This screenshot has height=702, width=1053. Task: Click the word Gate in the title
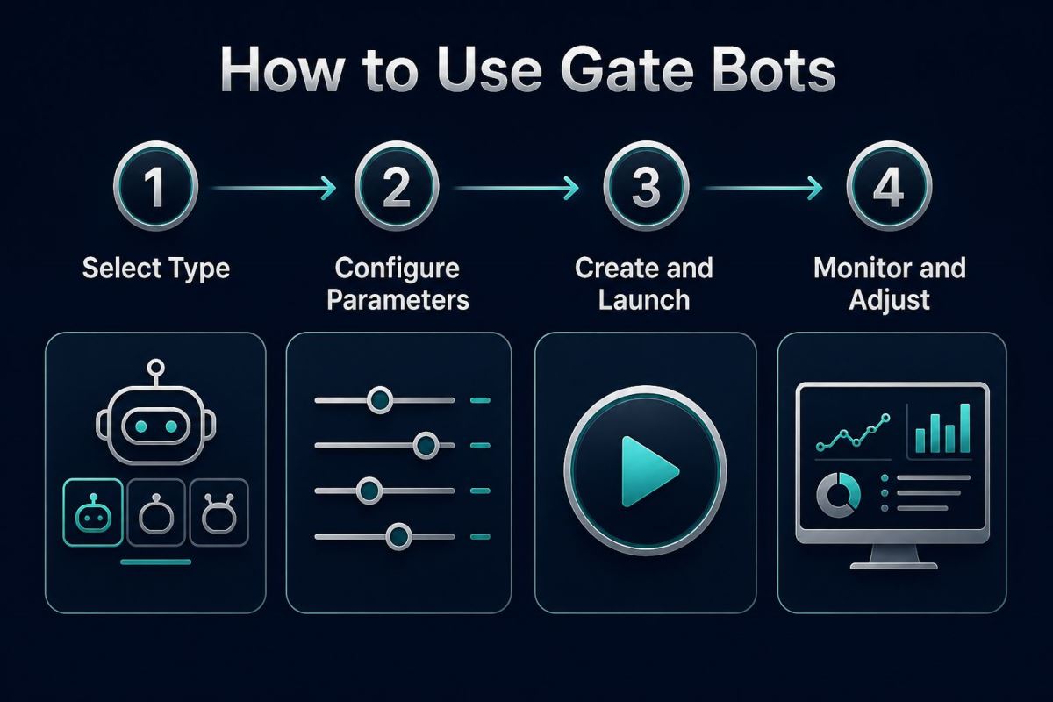pos(627,69)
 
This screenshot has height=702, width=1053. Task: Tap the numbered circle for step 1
pos(155,186)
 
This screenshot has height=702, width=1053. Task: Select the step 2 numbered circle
pos(397,186)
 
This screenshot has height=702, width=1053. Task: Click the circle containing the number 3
pos(646,186)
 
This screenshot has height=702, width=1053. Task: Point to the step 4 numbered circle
pos(889,186)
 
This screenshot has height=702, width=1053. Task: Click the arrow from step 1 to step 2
pos(274,188)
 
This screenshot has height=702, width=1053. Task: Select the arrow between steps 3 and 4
pos(763,188)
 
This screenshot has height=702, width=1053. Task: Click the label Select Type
pos(156,269)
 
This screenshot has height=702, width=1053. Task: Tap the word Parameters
pos(398,300)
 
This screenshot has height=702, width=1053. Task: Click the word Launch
pos(644,300)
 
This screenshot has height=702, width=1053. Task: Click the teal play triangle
pos(648,471)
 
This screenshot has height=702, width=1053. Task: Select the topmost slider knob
pos(380,400)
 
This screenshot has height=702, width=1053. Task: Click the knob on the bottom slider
pos(398,536)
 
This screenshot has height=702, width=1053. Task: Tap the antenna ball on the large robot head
pos(155,367)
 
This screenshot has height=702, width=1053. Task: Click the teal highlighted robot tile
pos(93,512)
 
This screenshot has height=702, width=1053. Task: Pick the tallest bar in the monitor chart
pos(965,428)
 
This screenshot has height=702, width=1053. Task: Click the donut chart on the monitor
pos(838,495)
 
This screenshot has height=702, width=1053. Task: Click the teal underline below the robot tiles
pos(155,562)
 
